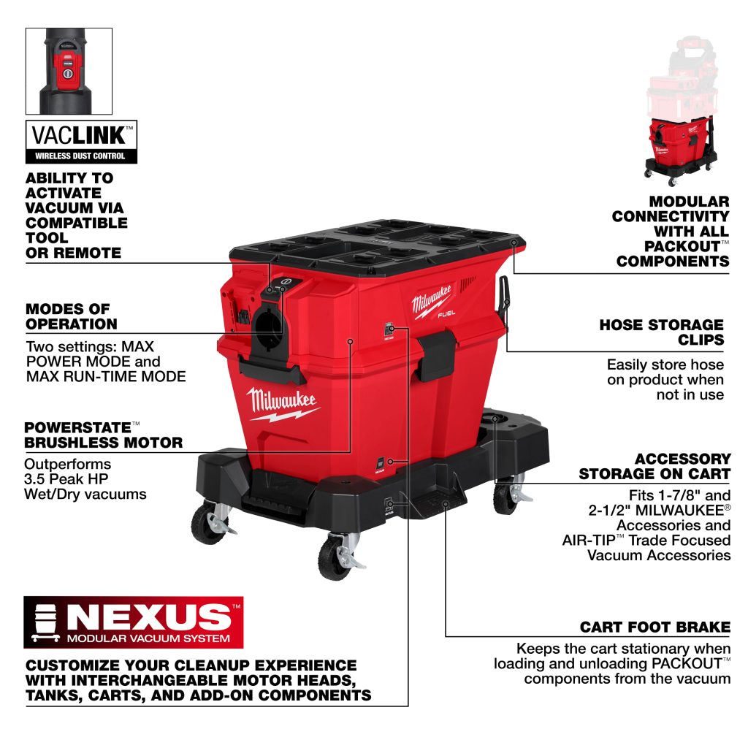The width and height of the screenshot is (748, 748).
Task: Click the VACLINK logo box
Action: pyautogui.click(x=81, y=142)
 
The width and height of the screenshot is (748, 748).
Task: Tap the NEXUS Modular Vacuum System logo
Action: pyautogui.click(x=134, y=622)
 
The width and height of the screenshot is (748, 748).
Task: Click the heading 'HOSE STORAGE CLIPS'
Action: pyautogui.click(x=662, y=332)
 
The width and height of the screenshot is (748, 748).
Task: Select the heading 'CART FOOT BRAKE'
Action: pyautogui.click(x=655, y=627)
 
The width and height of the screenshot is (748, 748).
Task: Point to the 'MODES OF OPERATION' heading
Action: pyautogui.click(x=72, y=316)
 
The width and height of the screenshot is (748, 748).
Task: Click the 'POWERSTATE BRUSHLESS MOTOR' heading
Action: pyautogui.click(x=104, y=435)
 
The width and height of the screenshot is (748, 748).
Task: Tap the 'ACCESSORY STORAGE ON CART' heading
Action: pyautogui.click(x=654, y=466)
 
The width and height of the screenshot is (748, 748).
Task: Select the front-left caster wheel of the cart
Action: pyautogui.click(x=209, y=523)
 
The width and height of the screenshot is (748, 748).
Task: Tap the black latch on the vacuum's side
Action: pyautogui.click(x=437, y=356)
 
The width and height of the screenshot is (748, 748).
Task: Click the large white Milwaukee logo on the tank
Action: pyautogui.click(x=281, y=403)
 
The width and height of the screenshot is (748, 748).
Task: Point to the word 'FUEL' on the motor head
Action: pyautogui.click(x=446, y=313)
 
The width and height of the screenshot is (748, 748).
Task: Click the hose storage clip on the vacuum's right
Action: pyautogui.click(x=504, y=298)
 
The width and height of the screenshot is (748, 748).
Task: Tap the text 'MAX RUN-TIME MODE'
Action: pyautogui.click(x=106, y=376)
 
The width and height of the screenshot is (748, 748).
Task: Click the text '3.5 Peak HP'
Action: pyautogui.click(x=66, y=479)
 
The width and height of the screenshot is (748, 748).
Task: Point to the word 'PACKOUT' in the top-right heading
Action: pyautogui.click(x=682, y=246)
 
